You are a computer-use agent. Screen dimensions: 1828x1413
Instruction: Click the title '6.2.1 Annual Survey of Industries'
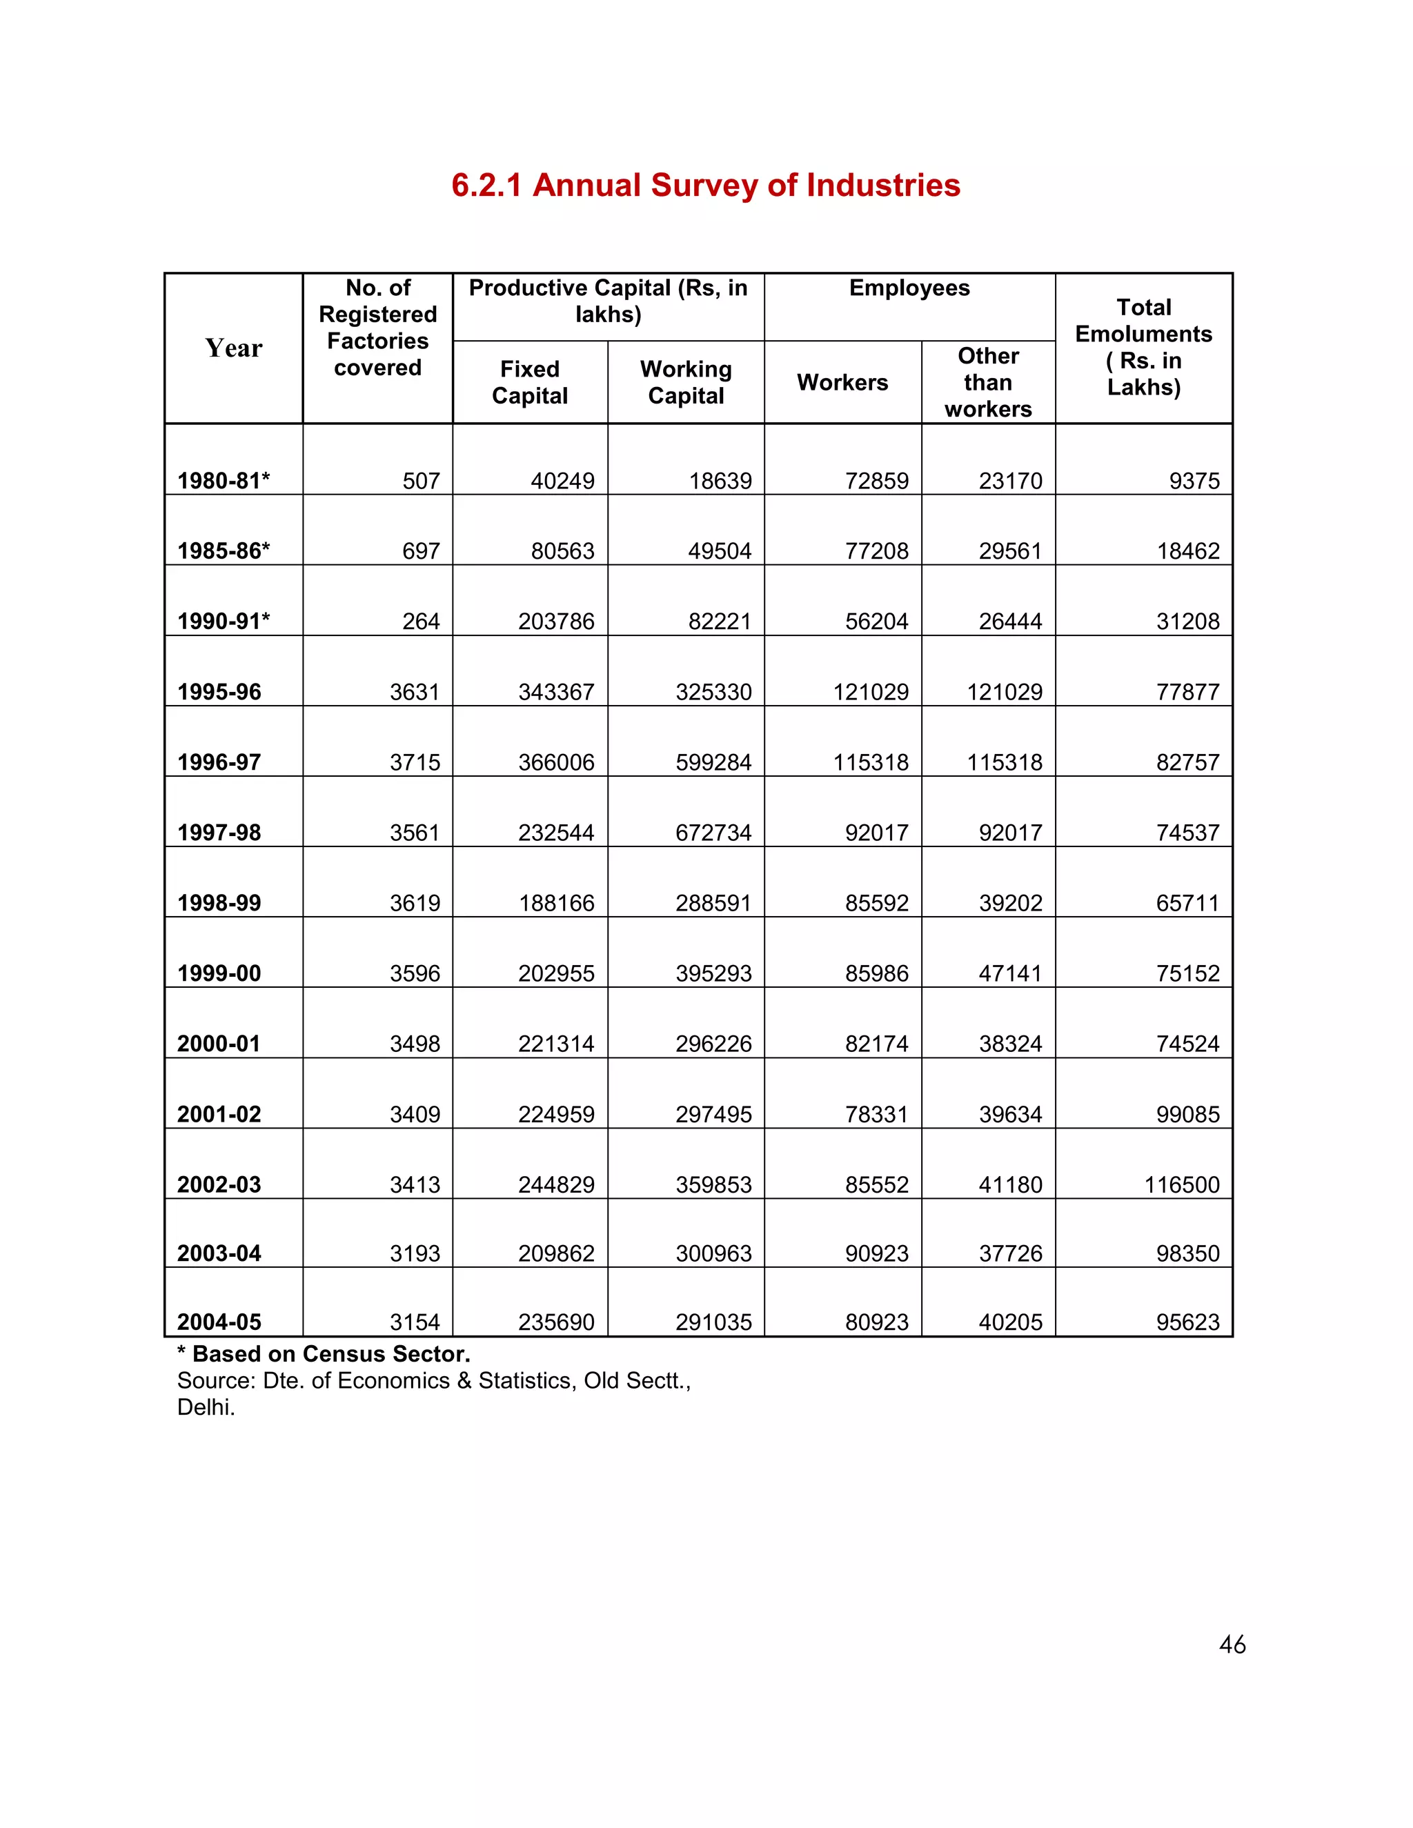[706, 185]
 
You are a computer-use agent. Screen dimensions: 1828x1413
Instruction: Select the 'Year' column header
[234, 348]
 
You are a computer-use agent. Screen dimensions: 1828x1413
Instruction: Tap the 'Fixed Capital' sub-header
[529, 383]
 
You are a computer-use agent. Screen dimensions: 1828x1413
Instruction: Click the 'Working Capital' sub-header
[686, 383]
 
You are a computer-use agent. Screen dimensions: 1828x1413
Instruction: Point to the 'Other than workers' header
[988, 383]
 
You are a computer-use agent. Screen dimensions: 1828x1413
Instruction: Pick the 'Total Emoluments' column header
[1143, 348]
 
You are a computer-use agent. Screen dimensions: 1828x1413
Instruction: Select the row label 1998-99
[219, 902]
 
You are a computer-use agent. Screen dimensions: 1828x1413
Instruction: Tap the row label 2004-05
[219, 1322]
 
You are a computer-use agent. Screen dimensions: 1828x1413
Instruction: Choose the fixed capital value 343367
[556, 691]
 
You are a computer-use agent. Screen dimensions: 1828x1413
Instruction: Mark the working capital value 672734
[713, 832]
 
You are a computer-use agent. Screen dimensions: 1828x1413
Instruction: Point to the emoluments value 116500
[1181, 1184]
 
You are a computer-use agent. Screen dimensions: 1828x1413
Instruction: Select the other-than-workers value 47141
[1010, 973]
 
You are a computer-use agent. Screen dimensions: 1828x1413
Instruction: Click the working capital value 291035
[713, 1322]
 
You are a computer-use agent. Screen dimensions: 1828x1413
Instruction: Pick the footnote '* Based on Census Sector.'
[324, 1353]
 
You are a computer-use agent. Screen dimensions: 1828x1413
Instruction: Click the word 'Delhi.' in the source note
[206, 1407]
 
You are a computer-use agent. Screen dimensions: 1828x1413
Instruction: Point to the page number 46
[1232, 1645]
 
